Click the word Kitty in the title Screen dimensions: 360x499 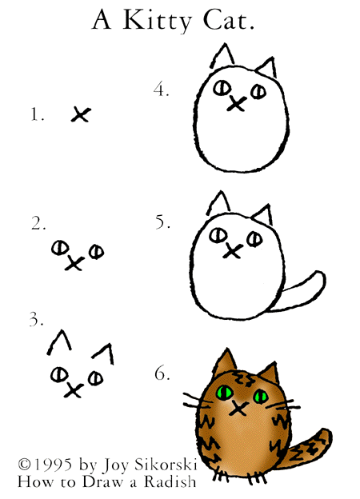click(158, 21)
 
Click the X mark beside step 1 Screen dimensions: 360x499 click(81, 114)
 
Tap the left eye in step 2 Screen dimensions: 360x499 click(60, 247)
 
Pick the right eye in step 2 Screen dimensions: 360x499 click(97, 252)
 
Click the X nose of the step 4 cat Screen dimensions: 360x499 click(237, 104)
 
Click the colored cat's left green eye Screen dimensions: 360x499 click(225, 393)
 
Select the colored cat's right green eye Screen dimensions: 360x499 click(261, 397)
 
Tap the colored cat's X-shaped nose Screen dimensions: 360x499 click(238, 409)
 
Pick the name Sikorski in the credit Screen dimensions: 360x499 click(166, 465)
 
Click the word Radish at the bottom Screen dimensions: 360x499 click(170, 481)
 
